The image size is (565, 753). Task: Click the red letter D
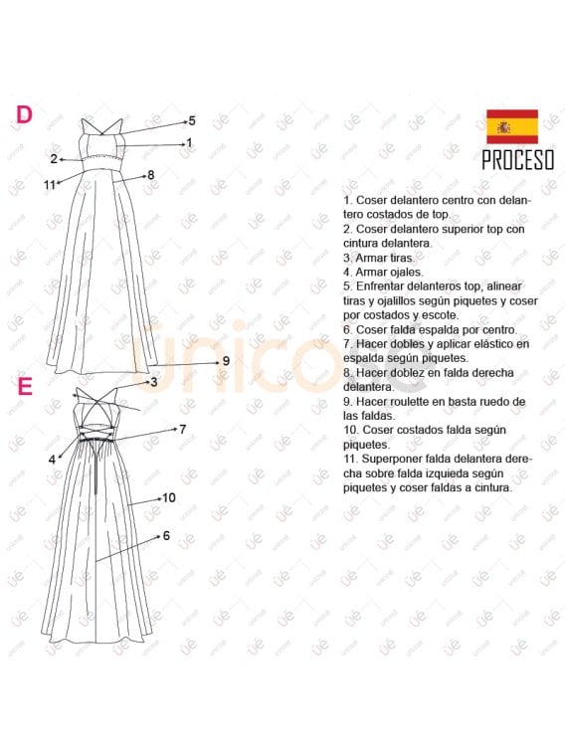coord(24,114)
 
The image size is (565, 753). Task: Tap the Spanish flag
coord(512,127)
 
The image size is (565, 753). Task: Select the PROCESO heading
coord(517,160)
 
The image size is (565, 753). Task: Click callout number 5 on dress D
coord(192,120)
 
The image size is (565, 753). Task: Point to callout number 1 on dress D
coord(189,143)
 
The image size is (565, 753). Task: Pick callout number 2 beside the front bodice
coord(54,158)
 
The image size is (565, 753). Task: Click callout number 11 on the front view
coord(50,184)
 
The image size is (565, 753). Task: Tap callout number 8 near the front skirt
coord(151,175)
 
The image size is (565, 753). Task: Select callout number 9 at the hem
coord(226,361)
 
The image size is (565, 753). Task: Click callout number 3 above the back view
coord(154,382)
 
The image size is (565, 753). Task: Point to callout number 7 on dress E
coord(182,429)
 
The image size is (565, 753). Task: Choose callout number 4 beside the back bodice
coord(53,460)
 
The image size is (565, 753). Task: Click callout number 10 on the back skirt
coord(169,497)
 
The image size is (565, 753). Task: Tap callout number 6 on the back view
coord(166,535)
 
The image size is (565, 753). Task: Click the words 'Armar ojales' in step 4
coord(388,272)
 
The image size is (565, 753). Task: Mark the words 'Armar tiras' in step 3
coord(385,258)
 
